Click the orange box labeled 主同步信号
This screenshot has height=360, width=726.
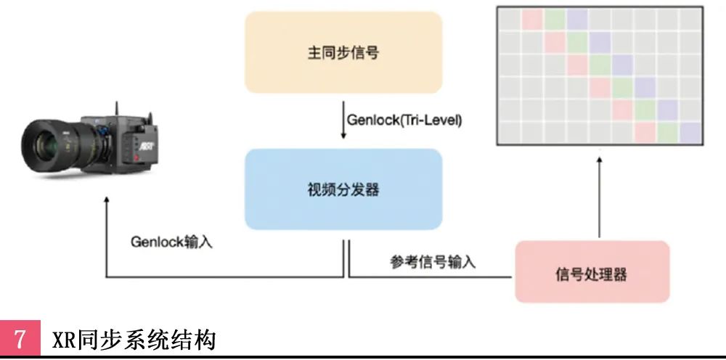tap(343, 52)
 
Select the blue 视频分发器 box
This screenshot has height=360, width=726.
tap(343, 189)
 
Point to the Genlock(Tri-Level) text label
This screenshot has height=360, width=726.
tap(404, 118)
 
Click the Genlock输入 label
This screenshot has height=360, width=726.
tap(171, 242)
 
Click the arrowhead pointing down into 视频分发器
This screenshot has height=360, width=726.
tap(343, 137)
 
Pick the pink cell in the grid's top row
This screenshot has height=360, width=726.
tap(533, 17)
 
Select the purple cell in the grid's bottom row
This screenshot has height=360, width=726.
tap(690, 133)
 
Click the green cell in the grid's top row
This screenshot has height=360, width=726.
tap(555, 17)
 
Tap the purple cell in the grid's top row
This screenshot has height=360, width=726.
tap(578, 17)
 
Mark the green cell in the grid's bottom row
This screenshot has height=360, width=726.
tap(667, 133)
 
